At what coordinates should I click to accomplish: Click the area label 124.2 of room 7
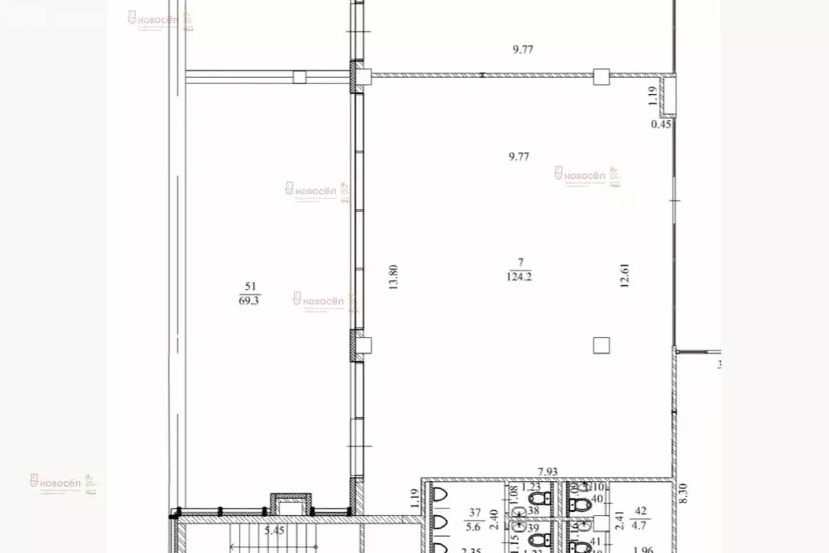[x=521, y=276]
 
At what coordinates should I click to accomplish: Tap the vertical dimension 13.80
[x=393, y=280]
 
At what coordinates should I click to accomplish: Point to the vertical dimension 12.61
[x=623, y=276]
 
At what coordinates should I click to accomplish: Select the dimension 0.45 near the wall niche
[x=661, y=125]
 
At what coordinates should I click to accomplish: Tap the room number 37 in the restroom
[x=474, y=512]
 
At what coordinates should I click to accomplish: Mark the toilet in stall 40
[x=579, y=503]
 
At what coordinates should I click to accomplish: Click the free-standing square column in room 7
[x=600, y=346]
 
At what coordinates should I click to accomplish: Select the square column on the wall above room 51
[x=300, y=77]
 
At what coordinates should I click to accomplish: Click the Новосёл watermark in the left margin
[x=57, y=482]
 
